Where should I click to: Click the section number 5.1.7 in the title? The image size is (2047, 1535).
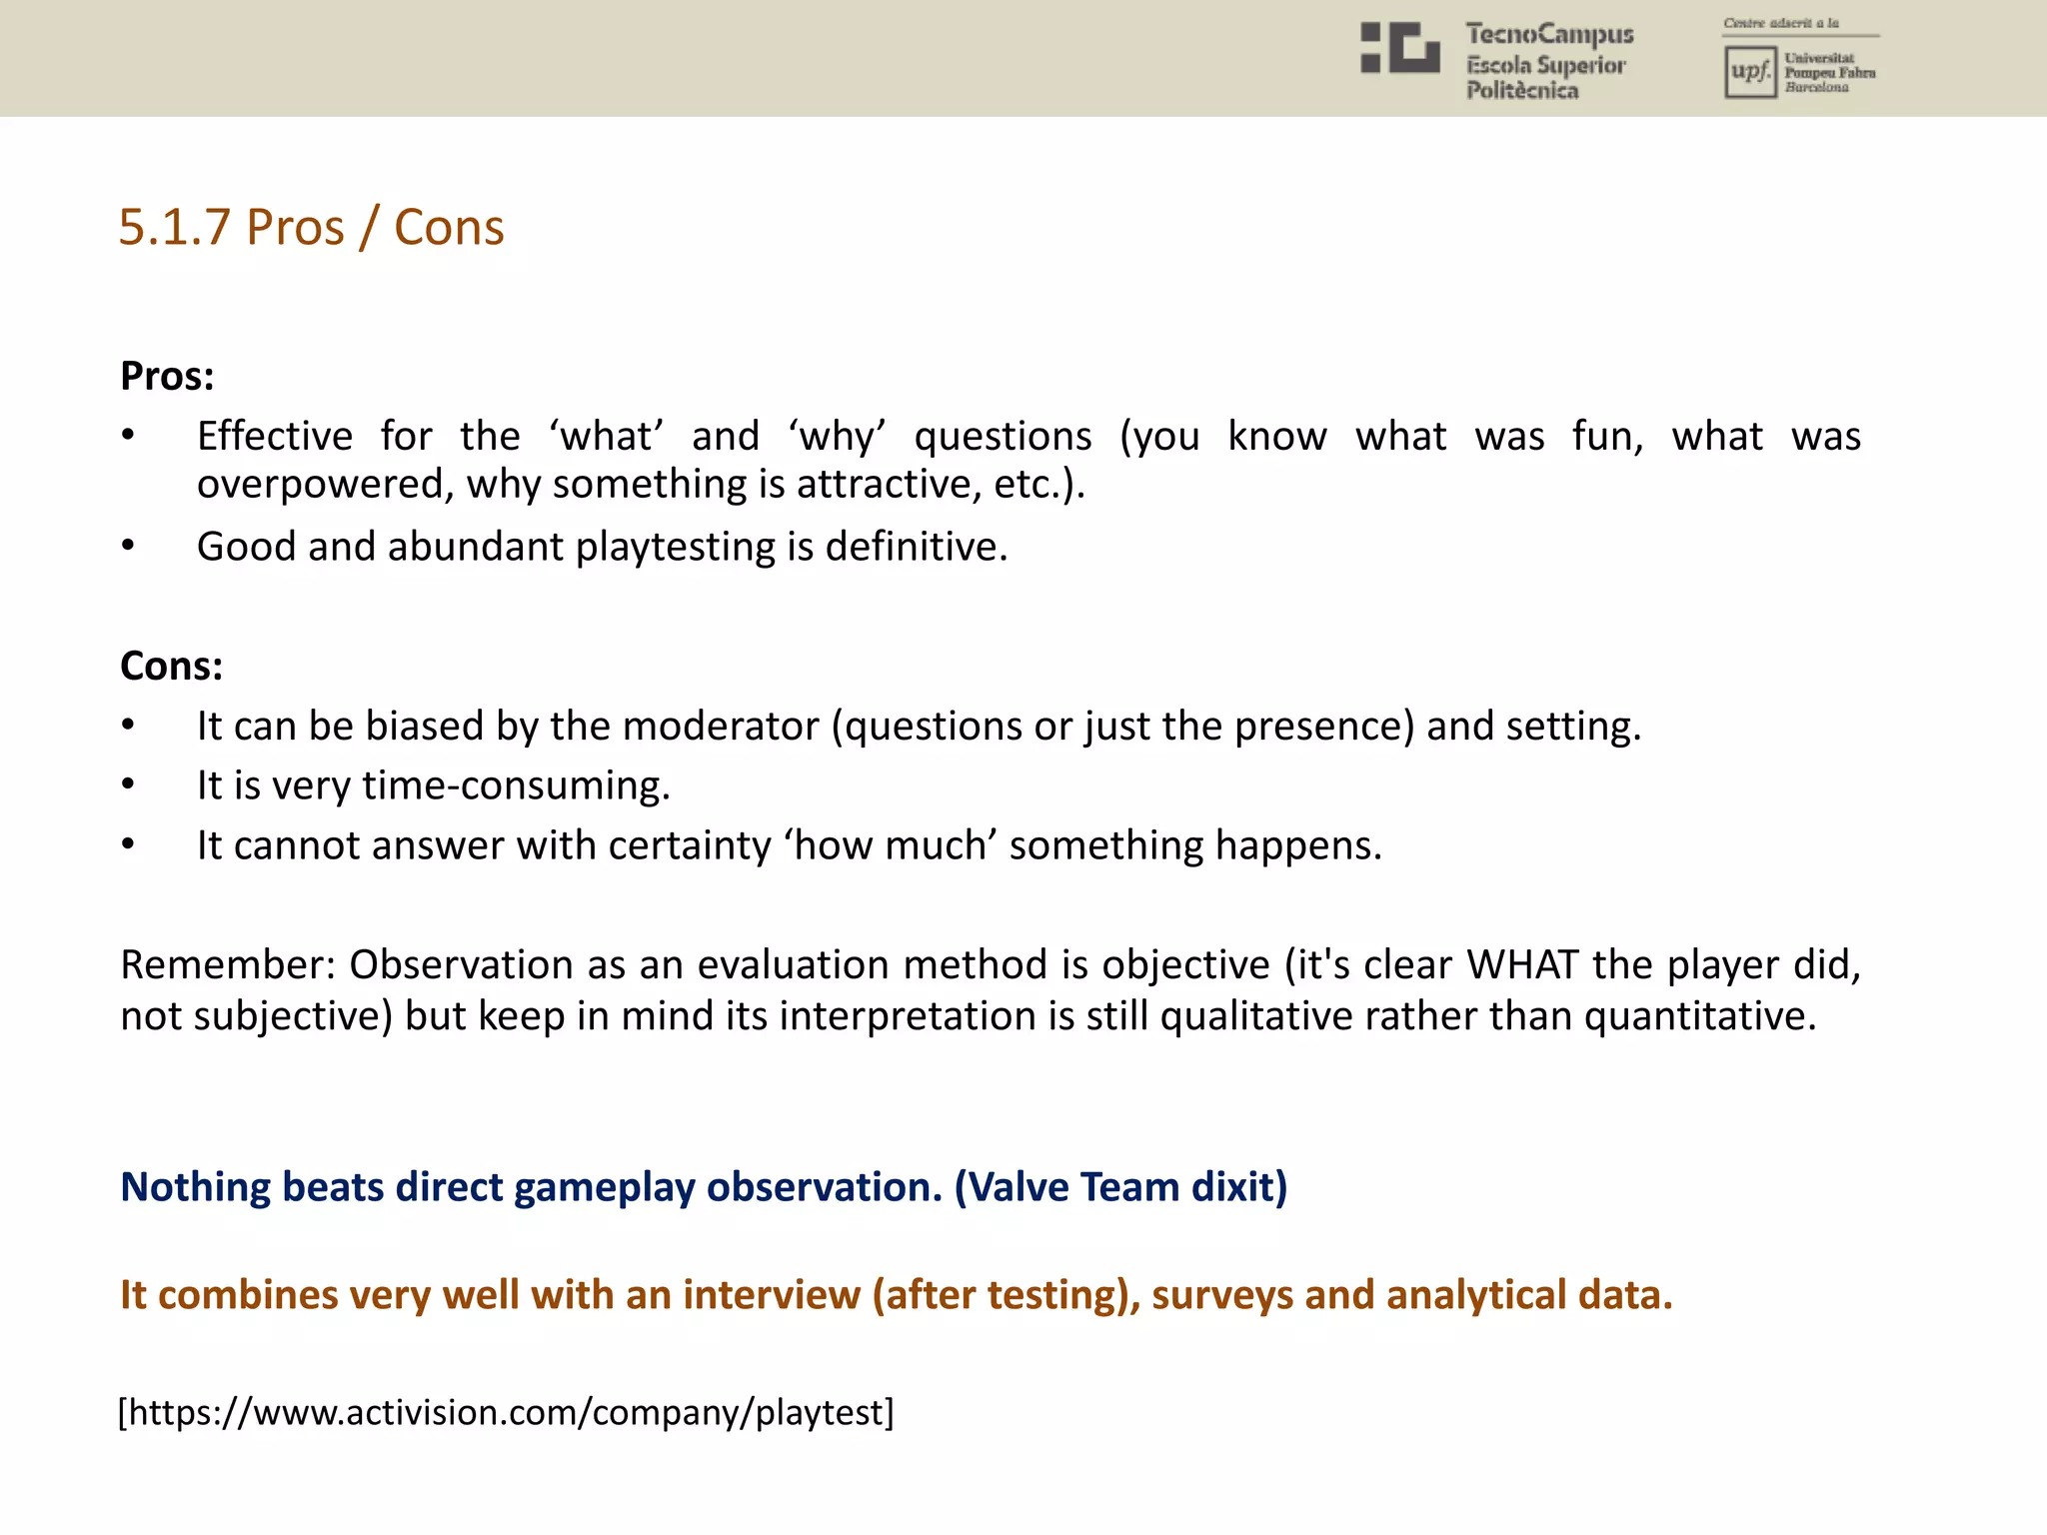click(175, 228)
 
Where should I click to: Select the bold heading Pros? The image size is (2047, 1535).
click(167, 377)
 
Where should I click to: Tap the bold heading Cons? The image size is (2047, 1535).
click(171, 667)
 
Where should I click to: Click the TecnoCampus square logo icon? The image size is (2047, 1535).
click(1399, 48)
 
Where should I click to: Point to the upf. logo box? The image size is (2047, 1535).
click(1749, 72)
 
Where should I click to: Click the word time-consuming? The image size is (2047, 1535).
click(516, 786)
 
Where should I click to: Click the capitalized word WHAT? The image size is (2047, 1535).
click(1522, 965)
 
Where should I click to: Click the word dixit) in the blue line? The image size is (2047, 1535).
click(1239, 1187)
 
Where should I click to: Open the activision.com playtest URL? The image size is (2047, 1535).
click(506, 1413)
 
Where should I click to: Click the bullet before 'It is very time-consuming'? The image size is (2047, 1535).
click(128, 784)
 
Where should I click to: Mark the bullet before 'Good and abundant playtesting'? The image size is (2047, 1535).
click(128, 546)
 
